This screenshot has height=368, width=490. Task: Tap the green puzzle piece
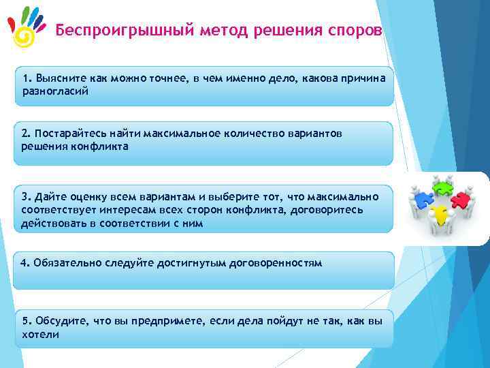click(x=443, y=186)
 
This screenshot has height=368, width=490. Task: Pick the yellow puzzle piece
click(x=442, y=215)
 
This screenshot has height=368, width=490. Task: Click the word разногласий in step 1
click(x=54, y=90)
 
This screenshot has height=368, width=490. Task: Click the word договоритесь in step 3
click(x=329, y=210)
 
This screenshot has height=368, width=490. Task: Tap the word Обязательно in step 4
click(x=66, y=263)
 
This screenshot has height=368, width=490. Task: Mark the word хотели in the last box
click(x=40, y=335)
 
